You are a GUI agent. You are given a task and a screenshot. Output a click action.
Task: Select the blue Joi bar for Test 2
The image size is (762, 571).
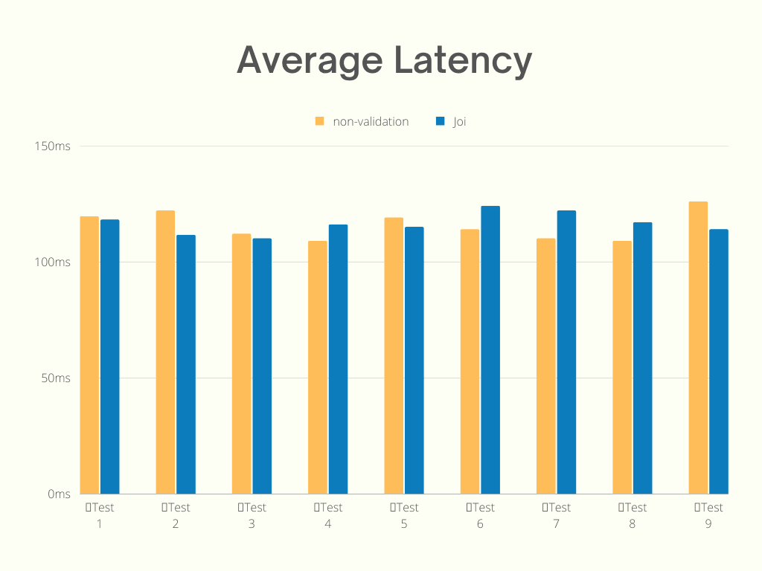tap(186, 364)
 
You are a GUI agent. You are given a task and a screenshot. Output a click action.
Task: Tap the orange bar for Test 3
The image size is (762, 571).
tap(241, 364)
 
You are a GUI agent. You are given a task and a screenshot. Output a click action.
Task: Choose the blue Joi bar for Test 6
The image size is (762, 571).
tap(490, 349)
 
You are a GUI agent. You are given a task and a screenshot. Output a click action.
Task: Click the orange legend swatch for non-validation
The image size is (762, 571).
tap(319, 121)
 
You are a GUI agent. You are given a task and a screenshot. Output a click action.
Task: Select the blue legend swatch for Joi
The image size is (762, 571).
tap(440, 121)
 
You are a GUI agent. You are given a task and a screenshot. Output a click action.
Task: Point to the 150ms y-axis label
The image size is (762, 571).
tap(52, 146)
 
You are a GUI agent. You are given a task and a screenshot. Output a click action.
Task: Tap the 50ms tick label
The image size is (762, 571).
tap(55, 378)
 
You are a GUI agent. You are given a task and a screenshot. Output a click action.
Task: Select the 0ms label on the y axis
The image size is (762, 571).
tap(59, 494)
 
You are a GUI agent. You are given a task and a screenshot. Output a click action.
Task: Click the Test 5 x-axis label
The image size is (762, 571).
tap(404, 515)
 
